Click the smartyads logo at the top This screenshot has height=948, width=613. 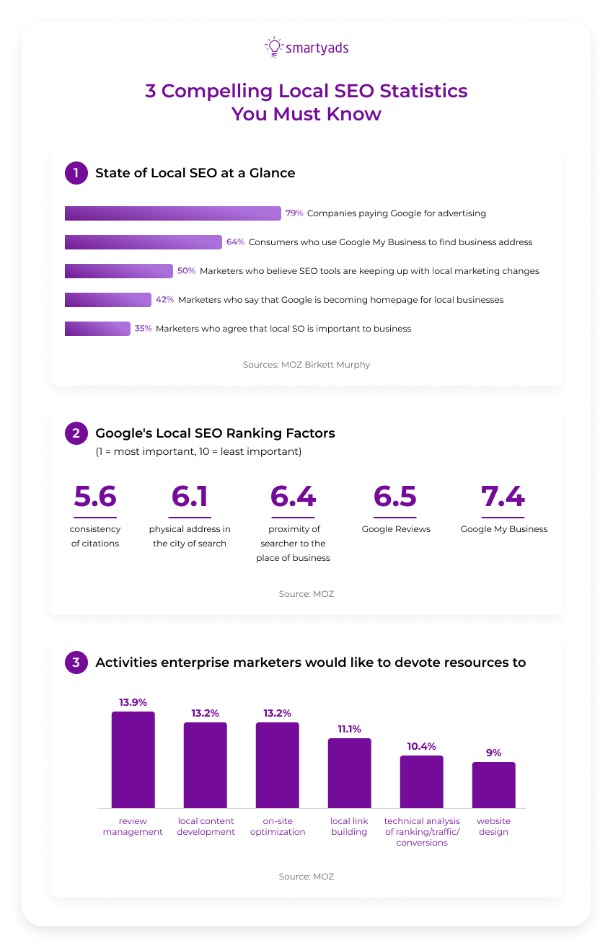pos(306,48)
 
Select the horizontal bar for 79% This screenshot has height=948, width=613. pos(172,213)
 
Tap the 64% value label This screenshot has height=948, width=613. pos(235,242)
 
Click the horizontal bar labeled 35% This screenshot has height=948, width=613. pos(97,329)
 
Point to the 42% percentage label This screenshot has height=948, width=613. pos(164,300)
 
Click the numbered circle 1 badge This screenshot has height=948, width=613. pos(76,173)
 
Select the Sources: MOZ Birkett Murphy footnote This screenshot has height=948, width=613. pos(306,365)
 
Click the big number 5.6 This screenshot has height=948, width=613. pos(95,497)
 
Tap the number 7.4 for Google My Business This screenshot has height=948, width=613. pos(503,497)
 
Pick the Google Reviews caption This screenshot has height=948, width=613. pos(396,529)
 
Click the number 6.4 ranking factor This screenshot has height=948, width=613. pos(293,497)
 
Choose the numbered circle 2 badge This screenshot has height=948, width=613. pos(76,433)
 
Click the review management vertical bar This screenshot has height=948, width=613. pos(133,760)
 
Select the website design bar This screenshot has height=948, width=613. pos(493,785)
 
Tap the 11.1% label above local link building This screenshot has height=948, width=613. pos(349,729)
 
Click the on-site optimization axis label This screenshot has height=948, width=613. pos(278,826)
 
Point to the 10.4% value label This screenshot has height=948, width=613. pos(421,746)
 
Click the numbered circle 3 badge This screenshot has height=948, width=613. pos(76,663)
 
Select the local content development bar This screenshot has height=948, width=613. pos(206,765)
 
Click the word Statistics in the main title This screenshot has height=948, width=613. pos(423,92)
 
